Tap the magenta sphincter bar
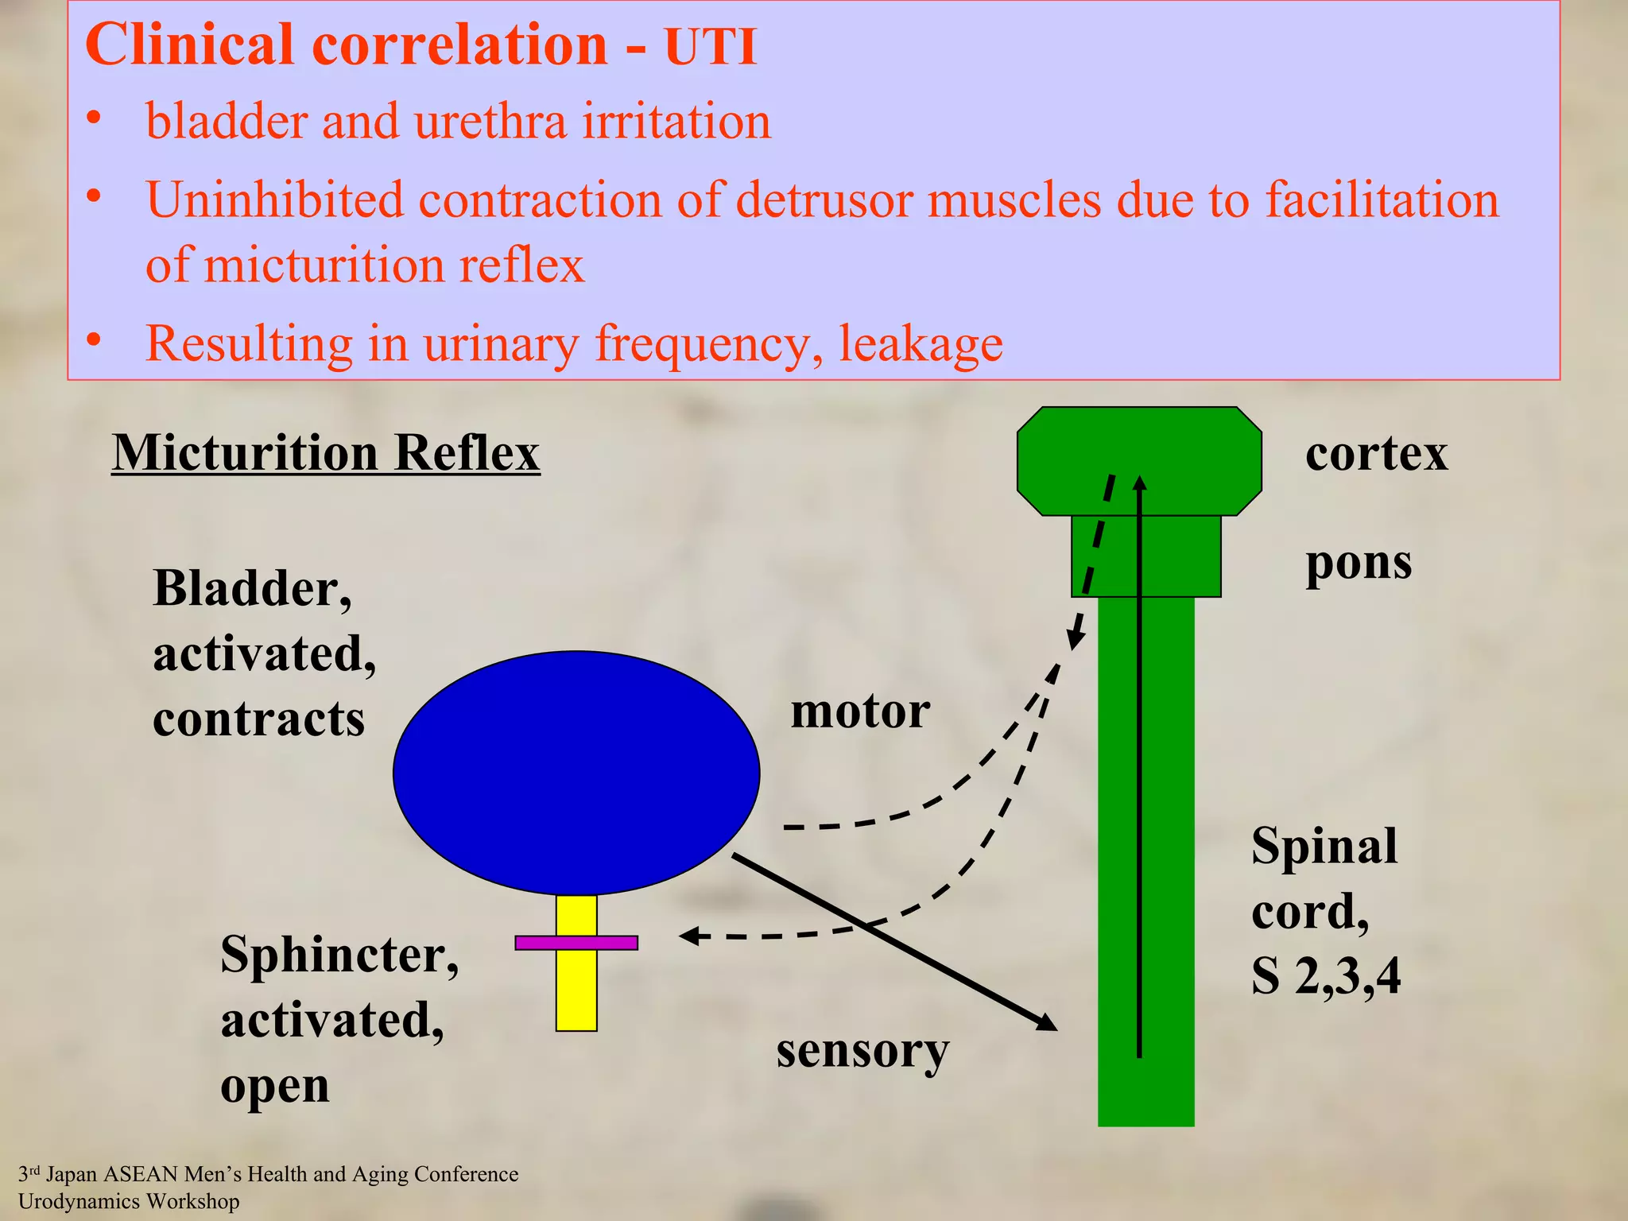point(576,943)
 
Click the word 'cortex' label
point(1376,454)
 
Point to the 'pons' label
point(1359,564)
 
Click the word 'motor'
point(860,711)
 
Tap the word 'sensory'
point(862,1051)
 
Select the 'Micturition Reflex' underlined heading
point(326,453)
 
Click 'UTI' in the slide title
point(710,46)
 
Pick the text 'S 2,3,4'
point(1325,976)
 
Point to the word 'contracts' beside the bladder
point(258,719)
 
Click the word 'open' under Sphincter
point(274,1086)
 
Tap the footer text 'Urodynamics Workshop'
point(129,1201)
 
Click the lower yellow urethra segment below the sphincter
point(576,990)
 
